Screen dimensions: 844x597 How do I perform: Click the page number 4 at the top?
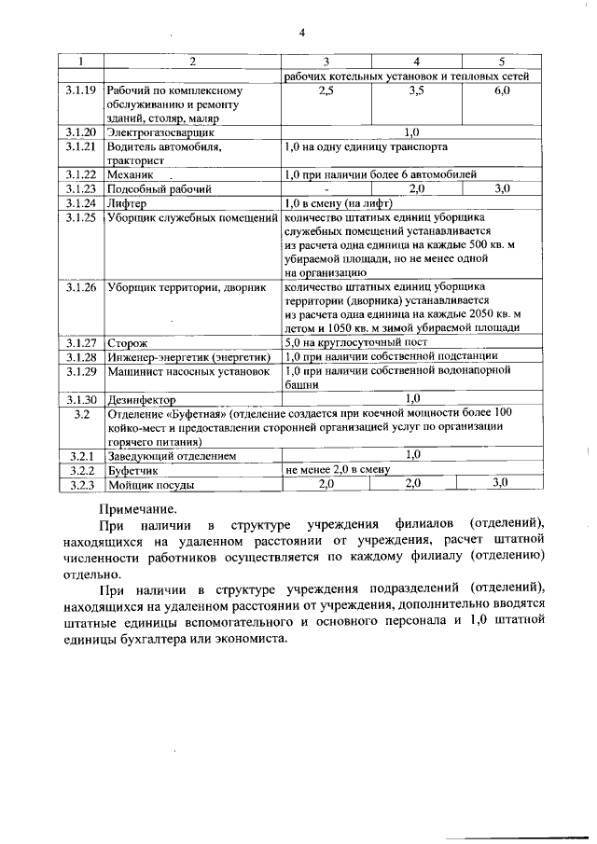[301, 35]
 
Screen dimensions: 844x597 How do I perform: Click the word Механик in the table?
[130, 173]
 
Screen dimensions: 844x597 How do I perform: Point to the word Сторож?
[128, 344]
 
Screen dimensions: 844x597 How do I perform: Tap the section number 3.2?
[81, 413]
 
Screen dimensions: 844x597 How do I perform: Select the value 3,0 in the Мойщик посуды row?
[501, 484]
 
